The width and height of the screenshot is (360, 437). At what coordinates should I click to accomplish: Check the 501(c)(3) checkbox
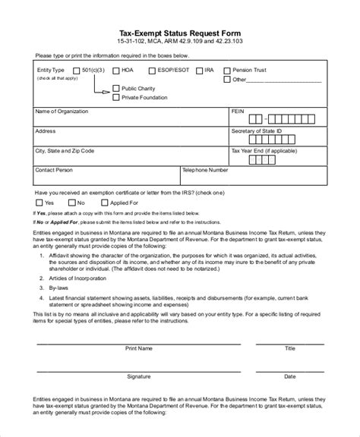click(x=76, y=71)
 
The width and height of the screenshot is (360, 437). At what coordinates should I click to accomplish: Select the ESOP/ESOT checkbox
click(x=152, y=71)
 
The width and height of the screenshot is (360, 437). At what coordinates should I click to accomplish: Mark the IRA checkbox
click(x=199, y=71)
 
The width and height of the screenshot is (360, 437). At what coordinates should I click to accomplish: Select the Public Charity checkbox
click(x=115, y=88)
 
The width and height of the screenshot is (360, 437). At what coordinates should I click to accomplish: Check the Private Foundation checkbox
click(x=115, y=96)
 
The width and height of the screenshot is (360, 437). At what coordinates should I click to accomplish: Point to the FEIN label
click(x=238, y=111)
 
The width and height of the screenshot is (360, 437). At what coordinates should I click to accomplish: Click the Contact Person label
click(x=54, y=171)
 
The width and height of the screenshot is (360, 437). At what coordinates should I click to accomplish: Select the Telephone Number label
click(x=205, y=171)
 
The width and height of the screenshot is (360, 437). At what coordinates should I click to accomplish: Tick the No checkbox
click(x=72, y=203)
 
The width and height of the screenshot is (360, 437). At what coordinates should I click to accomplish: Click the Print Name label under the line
click(x=139, y=349)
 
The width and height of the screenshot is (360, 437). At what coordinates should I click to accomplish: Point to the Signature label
click(x=138, y=376)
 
